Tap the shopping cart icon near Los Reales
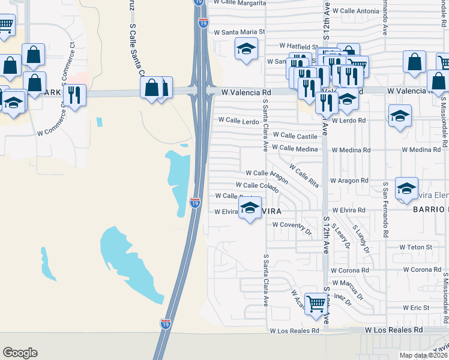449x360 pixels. click(316, 303)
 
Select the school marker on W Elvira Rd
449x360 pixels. click(251, 208)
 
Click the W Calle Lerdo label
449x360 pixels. click(238, 121)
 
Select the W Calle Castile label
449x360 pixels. click(295, 136)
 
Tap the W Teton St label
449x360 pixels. click(417, 247)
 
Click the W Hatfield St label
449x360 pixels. click(298, 46)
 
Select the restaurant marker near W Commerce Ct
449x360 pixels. click(75, 95)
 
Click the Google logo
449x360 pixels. click(20, 352)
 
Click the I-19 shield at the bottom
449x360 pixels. click(165, 323)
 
